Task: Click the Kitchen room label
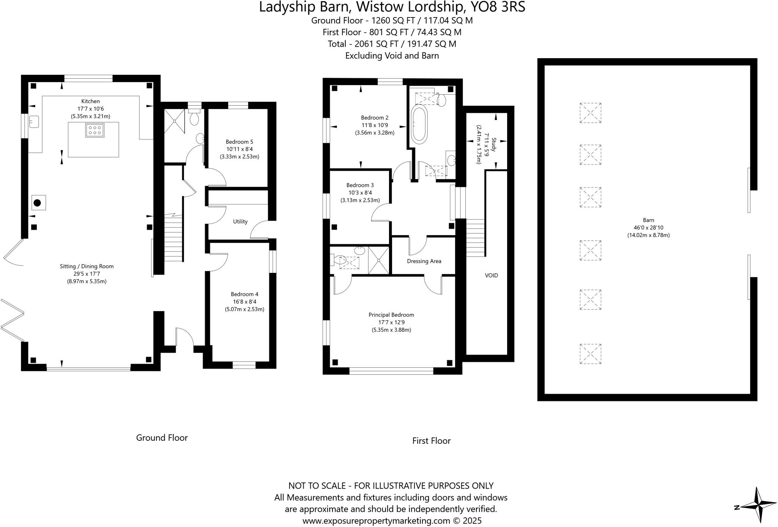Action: [x=90, y=101]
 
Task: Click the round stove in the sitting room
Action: [x=37, y=203]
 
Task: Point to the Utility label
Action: [x=240, y=222]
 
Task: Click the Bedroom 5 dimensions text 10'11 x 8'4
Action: [x=239, y=149]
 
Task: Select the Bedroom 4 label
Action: [x=244, y=294]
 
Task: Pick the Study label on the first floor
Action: [x=493, y=145]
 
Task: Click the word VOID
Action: [x=491, y=275]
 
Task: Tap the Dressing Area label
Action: [x=424, y=261]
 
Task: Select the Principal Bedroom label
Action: [x=391, y=315]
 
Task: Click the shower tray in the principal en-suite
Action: [x=378, y=260]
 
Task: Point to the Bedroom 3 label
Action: [x=360, y=185]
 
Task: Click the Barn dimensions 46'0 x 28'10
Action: [x=648, y=228]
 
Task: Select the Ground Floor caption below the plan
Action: [x=162, y=438]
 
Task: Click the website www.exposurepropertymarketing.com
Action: [x=376, y=521]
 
